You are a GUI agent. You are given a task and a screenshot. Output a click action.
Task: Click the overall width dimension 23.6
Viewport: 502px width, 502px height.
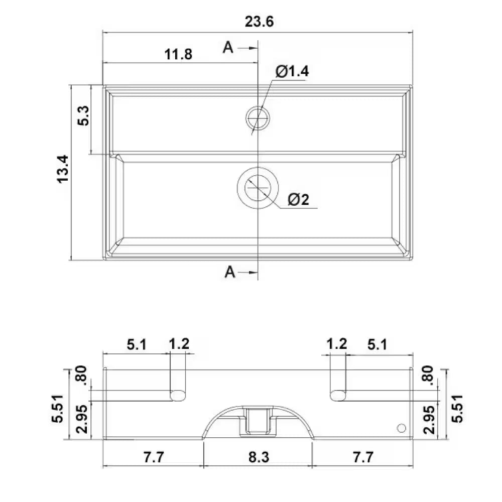pyautogui.click(x=259, y=22)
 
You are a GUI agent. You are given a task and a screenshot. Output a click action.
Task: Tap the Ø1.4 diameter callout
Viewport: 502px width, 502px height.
pyautogui.click(x=292, y=72)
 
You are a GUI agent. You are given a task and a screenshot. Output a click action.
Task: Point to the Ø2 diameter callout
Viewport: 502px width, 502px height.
pyautogui.click(x=299, y=200)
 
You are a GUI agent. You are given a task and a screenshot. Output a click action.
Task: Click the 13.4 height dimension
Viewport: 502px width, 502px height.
pyautogui.click(x=62, y=169)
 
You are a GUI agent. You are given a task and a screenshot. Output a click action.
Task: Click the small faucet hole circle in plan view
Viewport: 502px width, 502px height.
pyautogui.click(x=258, y=117)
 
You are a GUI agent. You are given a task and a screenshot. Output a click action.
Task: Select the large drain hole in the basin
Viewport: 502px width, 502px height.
pyautogui.click(x=258, y=188)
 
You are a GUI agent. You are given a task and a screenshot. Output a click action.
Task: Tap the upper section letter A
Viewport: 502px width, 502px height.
pyautogui.click(x=229, y=47)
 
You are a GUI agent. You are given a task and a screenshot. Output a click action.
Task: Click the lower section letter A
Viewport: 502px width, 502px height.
pyautogui.click(x=230, y=272)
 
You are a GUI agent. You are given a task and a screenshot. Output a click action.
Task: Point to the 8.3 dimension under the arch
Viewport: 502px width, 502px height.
pyautogui.click(x=258, y=457)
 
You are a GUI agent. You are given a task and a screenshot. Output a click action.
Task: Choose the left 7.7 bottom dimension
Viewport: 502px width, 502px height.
pyautogui.click(x=153, y=457)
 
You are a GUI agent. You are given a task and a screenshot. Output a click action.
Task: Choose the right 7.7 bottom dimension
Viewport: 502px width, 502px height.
pyautogui.click(x=362, y=457)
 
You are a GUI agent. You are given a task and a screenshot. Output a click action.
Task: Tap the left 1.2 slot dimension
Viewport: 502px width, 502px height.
pyautogui.click(x=179, y=344)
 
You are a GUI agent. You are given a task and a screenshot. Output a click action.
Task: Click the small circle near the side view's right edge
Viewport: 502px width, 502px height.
pyautogui.click(x=401, y=428)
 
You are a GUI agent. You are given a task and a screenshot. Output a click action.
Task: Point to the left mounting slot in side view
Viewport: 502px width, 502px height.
pyautogui.click(x=177, y=395)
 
